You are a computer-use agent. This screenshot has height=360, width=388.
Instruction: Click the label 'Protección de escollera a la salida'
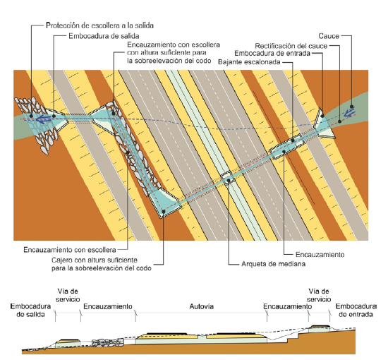click(99, 25)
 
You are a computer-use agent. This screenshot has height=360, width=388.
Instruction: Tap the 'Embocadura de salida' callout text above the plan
click(104, 36)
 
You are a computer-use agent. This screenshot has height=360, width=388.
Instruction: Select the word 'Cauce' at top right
click(329, 36)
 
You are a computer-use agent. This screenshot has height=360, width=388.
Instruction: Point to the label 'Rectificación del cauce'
click(291, 46)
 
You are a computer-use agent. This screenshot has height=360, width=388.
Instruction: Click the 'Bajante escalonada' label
click(249, 62)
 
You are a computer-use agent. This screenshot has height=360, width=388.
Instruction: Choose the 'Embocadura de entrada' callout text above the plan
click(272, 53)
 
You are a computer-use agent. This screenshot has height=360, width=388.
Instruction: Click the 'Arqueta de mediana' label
click(273, 264)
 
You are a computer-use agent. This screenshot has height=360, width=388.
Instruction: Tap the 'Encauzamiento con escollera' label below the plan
click(70, 250)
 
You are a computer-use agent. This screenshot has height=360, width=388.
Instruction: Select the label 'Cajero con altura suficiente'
click(95, 260)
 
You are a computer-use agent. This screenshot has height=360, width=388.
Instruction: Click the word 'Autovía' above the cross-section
click(202, 306)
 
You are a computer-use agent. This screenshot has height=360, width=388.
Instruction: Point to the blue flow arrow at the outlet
click(44, 119)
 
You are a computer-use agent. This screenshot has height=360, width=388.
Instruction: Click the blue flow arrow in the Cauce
click(349, 112)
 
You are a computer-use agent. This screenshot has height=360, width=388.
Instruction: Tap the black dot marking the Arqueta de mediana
click(229, 180)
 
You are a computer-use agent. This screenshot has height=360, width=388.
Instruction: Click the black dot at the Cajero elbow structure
click(164, 211)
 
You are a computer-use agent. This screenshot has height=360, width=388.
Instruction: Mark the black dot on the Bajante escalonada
click(293, 140)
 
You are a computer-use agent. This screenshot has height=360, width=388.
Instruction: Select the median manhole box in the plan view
click(226, 177)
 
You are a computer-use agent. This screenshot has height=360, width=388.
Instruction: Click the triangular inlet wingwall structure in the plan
click(324, 123)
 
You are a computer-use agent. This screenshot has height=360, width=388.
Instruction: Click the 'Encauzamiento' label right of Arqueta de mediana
click(320, 255)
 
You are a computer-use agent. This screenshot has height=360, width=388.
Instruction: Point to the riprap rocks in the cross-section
click(108, 342)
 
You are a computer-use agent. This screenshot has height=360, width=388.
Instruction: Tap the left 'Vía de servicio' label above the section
click(68, 295)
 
